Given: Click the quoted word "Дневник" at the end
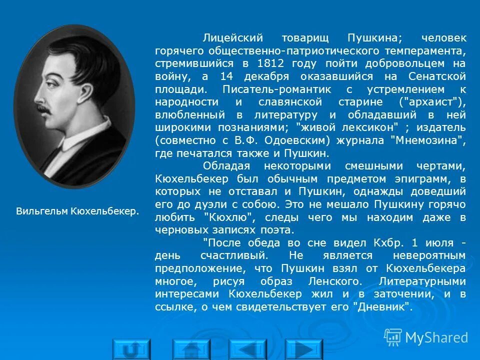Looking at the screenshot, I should (x=383, y=306).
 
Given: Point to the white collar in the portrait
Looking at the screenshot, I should (x=68, y=142).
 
